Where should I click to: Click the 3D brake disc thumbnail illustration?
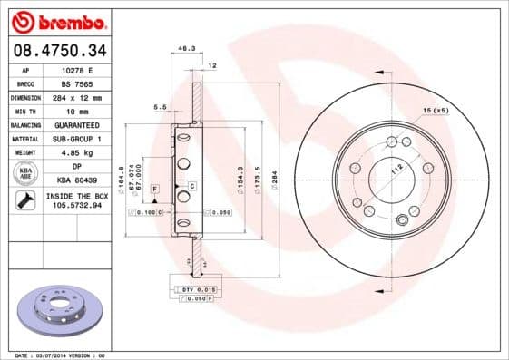57,311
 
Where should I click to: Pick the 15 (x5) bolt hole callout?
435,110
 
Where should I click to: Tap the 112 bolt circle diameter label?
395,170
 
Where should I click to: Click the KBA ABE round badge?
26,173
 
